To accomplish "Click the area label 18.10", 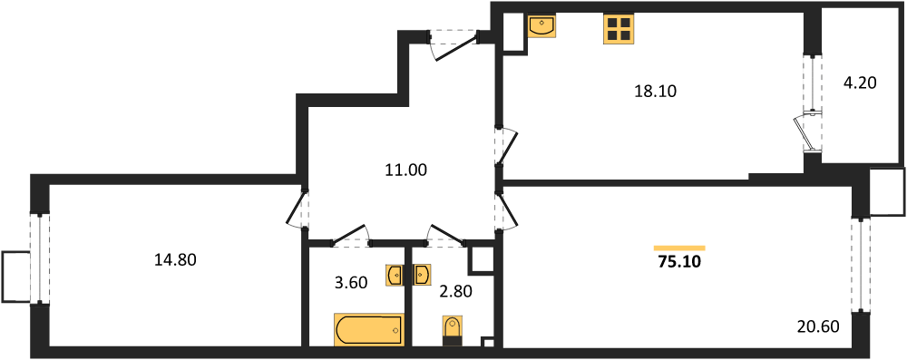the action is click(656, 91).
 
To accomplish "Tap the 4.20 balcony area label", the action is click(860, 83).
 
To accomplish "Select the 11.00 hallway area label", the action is click(405, 170).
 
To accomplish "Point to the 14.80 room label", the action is click(175, 260).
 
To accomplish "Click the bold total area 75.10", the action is click(679, 262).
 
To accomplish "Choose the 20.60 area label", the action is click(817, 327).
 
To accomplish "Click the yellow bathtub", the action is click(368, 330).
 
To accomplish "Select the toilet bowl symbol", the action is click(452, 332).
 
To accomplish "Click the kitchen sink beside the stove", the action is click(542, 25).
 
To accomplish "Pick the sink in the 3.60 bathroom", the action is click(395, 275).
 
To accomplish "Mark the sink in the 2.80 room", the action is click(421, 275).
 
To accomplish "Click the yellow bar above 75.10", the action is click(679, 248).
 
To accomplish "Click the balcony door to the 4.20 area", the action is click(806, 132).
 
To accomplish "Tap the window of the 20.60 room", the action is click(861, 265).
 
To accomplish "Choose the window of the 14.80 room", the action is click(40, 258).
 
